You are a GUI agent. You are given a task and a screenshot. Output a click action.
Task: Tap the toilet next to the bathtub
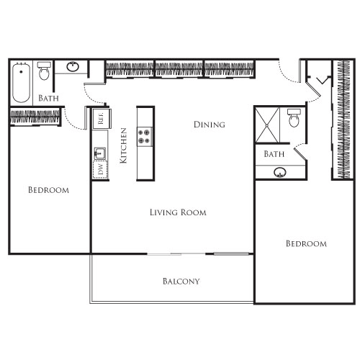(x=44, y=71)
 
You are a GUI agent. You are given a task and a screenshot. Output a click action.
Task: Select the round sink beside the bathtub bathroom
(x=73, y=68)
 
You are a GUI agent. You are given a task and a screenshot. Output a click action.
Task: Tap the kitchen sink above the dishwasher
(x=100, y=152)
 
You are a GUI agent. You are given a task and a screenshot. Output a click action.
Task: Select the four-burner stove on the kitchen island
(x=145, y=136)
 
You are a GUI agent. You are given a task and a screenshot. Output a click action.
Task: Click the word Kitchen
(x=123, y=145)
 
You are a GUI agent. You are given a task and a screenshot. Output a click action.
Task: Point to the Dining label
(x=210, y=125)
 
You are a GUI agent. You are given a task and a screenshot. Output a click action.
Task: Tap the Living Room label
(x=178, y=212)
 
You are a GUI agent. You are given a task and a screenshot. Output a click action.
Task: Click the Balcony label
(x=181, y=282)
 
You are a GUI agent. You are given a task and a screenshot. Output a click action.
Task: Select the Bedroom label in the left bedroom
(x=48, y=190)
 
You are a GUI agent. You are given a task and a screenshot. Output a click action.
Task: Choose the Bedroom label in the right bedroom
(x=306, y=243)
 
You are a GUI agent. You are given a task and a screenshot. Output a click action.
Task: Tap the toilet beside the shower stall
(x=294, y=118)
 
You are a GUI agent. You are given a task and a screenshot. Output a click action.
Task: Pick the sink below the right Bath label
(x=279, y=173)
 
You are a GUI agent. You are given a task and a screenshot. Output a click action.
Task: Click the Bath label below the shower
(x=274, y=154)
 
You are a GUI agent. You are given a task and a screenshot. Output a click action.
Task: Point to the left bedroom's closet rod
(x=35, y=116)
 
